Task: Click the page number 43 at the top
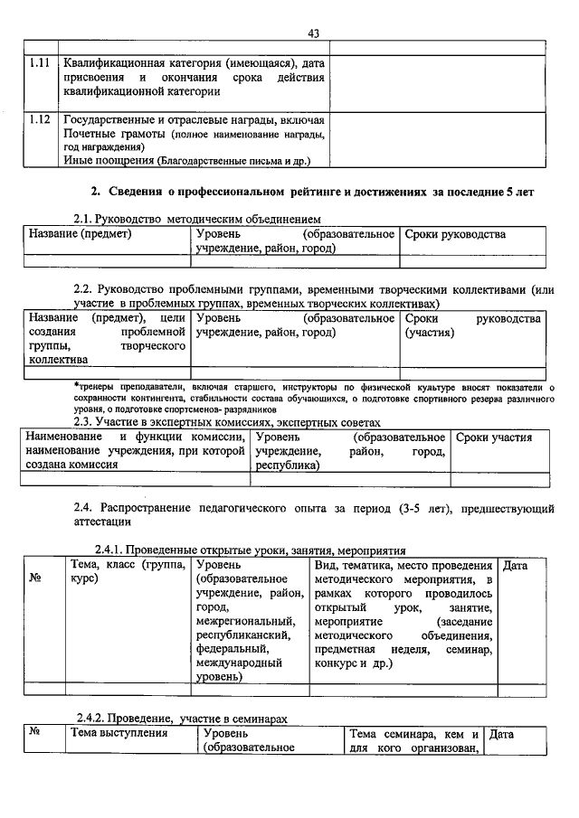click(x=313, y=33)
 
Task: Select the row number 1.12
click(x=39, y=120)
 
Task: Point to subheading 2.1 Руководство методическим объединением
click(x=197, y=219)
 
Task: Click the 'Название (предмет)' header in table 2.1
click(x=81, y=235)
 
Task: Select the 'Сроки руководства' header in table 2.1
click(x=455, y=235)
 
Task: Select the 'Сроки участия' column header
click(x=494, y=438)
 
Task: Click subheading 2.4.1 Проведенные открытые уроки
click(x=251, y=550)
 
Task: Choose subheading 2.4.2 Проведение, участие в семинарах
click(x=181, y=716)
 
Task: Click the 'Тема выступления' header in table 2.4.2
click(x=119, y=733)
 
